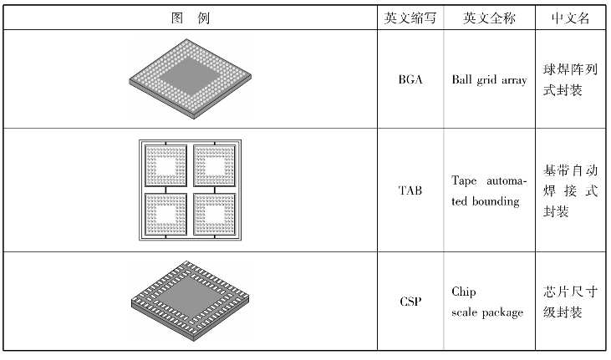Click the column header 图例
191,18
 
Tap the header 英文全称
489,18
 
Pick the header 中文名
571,18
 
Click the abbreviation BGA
410,81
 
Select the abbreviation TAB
410,190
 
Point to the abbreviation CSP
410,302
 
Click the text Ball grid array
489,81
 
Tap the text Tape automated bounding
489,190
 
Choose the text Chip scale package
488,302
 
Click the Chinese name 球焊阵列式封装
571,81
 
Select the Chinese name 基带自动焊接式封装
571,190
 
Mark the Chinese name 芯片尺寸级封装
571,302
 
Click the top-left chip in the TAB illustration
166,166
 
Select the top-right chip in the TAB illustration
216,166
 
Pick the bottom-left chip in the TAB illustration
166,215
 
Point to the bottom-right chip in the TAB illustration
216,215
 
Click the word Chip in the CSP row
463,292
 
